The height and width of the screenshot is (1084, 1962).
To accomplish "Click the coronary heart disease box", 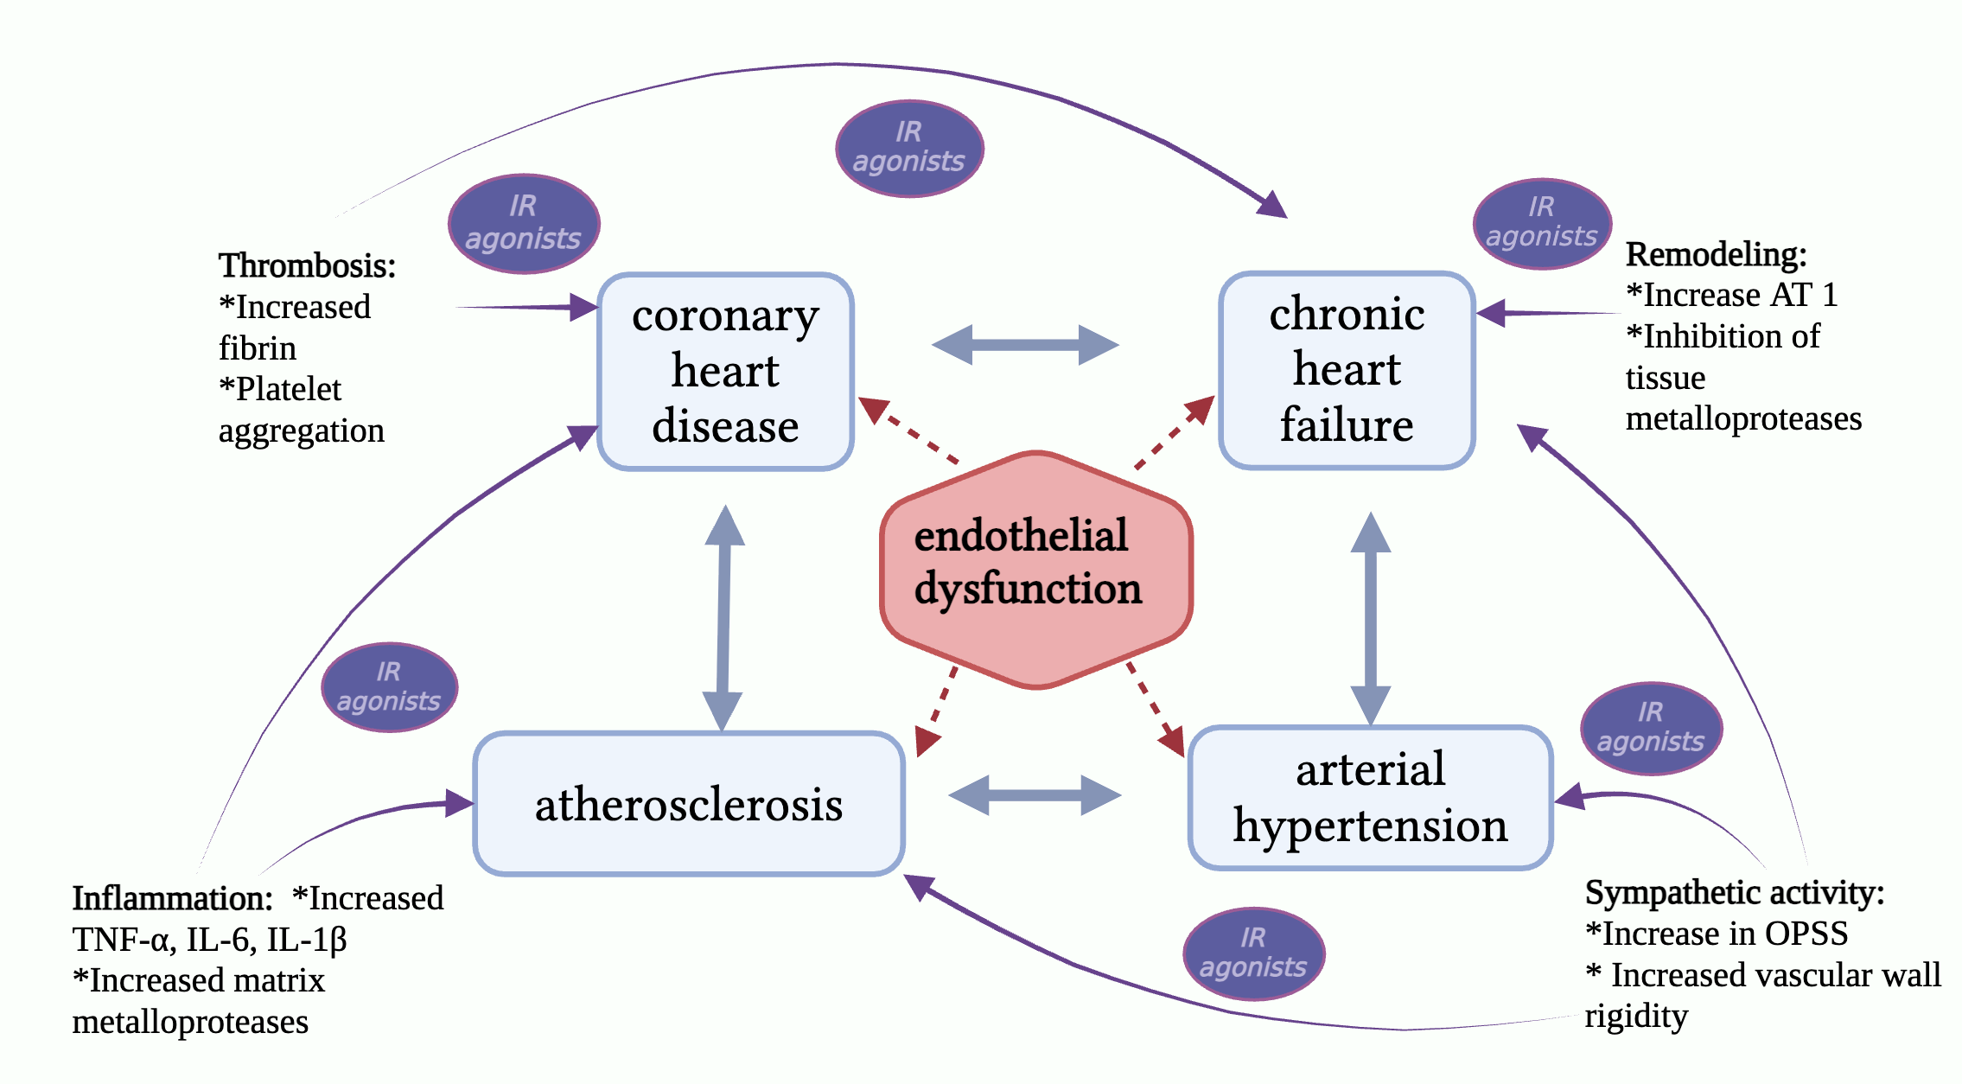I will pyautogui.click(x=725, y=372).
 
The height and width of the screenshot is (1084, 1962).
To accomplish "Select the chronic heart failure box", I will pyautogui.click(x=1346, y=370).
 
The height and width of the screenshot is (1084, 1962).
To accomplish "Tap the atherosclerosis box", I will pyautogui.click(x=689, y=804).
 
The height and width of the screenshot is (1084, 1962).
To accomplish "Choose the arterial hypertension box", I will pyautogui.click(x=1370, y=797).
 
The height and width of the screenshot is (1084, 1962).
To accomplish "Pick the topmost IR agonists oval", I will pyautogui.click(x=909, y=148).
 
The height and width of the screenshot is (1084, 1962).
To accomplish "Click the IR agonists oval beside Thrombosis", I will pyautogui.click(x=524, y=223).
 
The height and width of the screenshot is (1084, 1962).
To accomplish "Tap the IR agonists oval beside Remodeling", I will pyautogui.click(x=1542, y=223).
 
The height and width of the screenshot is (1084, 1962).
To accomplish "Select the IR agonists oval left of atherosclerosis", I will pyautogui.click(x=389, y=687).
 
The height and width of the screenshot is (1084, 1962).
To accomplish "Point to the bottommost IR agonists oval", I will pyautogui.click(x=1253, y=953).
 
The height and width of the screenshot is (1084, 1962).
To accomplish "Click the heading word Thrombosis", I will pyautogui.click(x=307, y=265).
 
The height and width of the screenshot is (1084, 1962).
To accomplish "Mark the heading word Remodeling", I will pyautogui.click(x=1716, y=255).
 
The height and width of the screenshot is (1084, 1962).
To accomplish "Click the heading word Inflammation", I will pyautogui.click(x=172, y=898).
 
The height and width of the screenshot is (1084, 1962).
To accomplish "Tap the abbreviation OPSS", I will pyautogui.click(x=1806, y=934).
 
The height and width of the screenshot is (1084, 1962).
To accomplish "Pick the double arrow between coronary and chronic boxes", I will pyautogui.click(x=1025, y=345).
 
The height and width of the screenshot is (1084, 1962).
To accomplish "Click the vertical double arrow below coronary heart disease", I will pyautogui.click(x=723, y=617).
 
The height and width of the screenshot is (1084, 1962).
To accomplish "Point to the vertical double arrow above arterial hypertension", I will pyautogui.click(x=1370, y=617).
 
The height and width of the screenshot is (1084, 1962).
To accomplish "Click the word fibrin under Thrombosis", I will pyautogui.click(x=258, y=348).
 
